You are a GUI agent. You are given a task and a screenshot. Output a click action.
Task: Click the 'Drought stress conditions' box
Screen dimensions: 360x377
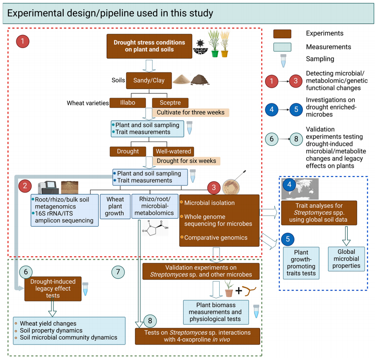click(x=149, y=46)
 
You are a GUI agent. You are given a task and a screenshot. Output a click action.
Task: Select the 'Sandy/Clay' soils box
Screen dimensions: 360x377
click(x=146, y=80)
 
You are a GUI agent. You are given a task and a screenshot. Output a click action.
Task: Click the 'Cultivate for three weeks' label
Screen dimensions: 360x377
click(x=191, y=112)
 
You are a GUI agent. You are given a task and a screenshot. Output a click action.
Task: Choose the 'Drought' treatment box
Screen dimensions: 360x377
click(x=128, y=152)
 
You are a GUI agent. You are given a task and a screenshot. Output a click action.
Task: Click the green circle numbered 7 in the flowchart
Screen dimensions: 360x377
click(x=118, y=272)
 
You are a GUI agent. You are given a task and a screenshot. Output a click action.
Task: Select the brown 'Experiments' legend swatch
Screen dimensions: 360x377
click(x=282, y=33)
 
